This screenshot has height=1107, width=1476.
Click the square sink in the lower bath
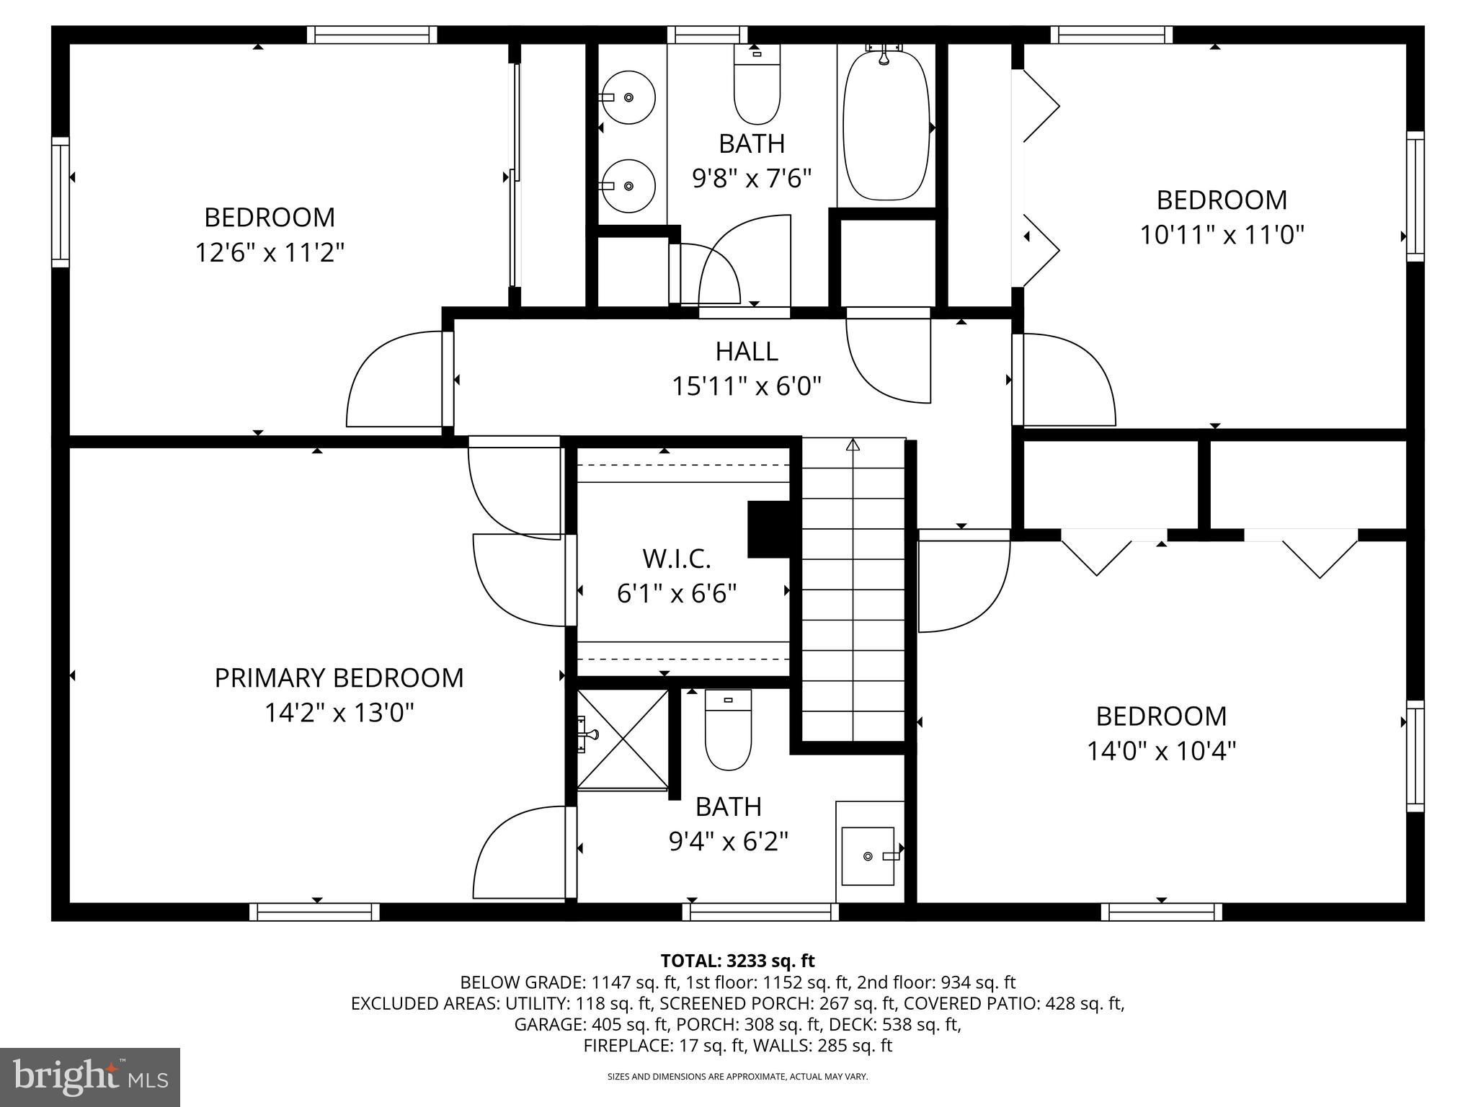tap(868, 855)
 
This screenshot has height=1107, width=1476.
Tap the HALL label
tap(747, 352)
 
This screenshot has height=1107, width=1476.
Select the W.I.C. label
tap(676, 558)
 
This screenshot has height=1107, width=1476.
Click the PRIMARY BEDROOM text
tap(339, 678)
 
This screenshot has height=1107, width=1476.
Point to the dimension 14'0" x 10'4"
tap(1161, 752)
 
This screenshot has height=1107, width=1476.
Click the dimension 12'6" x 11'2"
tap(270, 253)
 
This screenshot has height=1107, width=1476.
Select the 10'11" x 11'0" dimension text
tap(1222, 235)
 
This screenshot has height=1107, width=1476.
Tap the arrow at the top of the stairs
tap(853, 445)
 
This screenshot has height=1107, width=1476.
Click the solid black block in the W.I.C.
tap(770, 530)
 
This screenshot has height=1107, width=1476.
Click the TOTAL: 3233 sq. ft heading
tap(737, 961)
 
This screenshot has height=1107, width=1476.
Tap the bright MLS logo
tap(90, 1077)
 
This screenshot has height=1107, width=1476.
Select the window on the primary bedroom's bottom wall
tap(315, 912)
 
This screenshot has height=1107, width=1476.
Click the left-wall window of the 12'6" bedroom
tap(61, 203)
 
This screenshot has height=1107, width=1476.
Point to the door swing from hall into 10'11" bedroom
tap(1067, 381)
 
